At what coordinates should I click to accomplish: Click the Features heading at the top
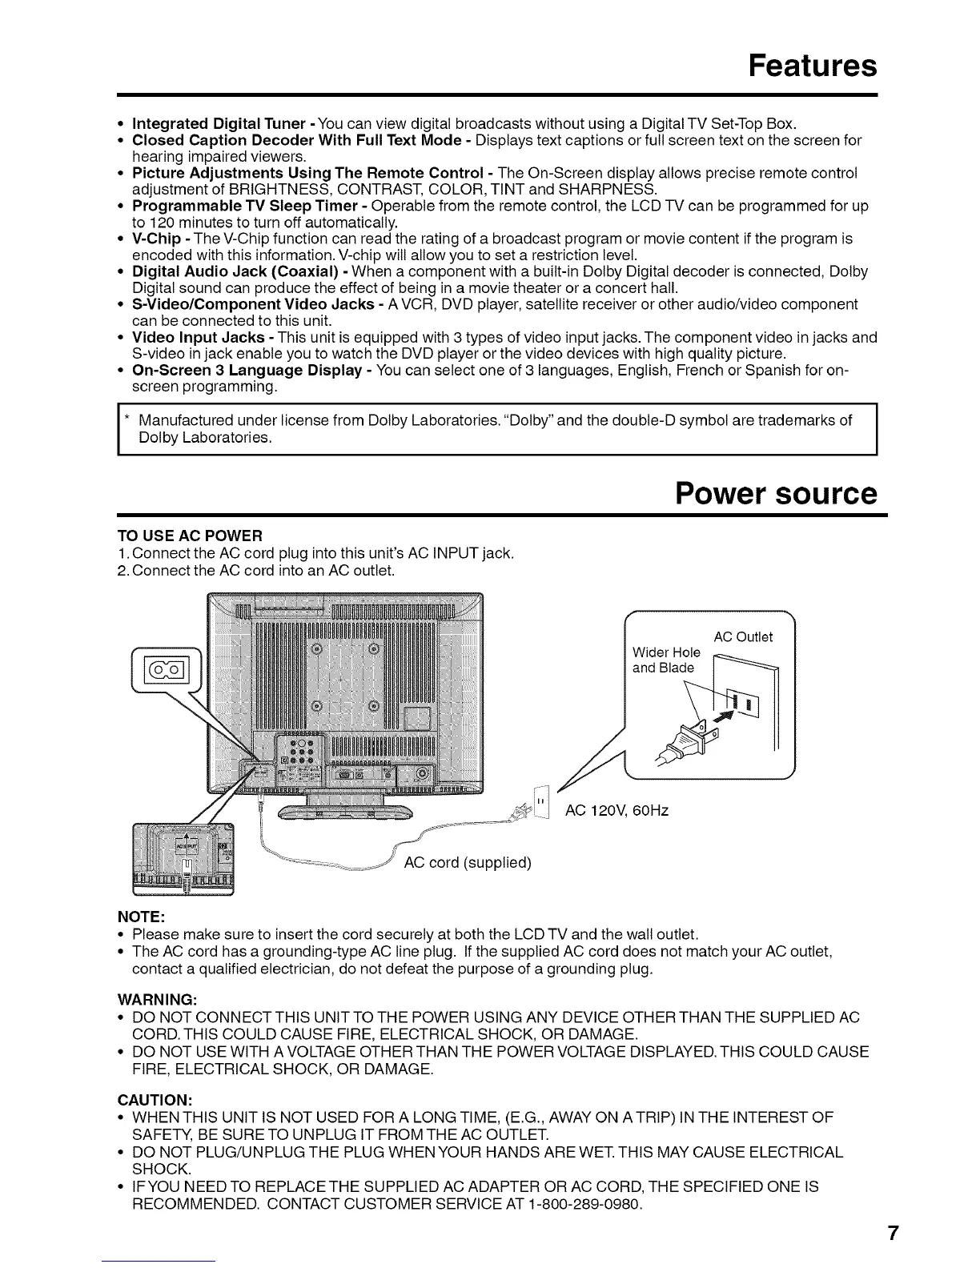click(x=812, y=65)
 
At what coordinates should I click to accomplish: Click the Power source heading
click(x=776, y=493)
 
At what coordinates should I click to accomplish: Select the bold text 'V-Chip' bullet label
click(x=155, y=239)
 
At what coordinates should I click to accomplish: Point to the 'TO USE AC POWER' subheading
click(x=190, y=536)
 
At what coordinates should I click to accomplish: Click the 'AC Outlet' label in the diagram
click(x=743, y=637)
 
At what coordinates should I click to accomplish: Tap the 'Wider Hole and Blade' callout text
click(x=665, y=660)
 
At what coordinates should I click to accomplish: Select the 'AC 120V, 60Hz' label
click(x=617, y=811)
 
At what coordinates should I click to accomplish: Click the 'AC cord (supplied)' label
click(x=468, y=863)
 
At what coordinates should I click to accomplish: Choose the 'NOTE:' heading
click(x=142, y=915)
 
